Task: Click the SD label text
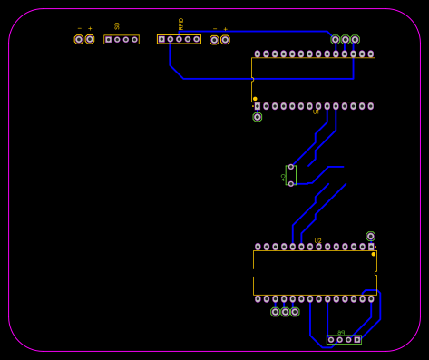(x=117, y=26)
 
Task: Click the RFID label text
(x=180, y=24)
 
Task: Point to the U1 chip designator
(x=316, y=112)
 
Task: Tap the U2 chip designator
(x=317, y=241)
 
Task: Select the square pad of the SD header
(x=109, y=39)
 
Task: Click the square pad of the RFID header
(x=161, y=39)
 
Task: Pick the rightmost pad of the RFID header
(x=196, y=39)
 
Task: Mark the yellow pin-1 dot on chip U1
(x=255, y=99)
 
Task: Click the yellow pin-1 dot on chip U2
(x=373, y=254)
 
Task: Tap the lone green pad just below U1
(x=258, y=117)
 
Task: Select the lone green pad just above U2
(x=370, y=236)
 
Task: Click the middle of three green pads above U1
(x=345, y=39)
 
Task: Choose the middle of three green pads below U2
(x=285, y=312)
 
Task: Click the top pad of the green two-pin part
(x=291, y=167)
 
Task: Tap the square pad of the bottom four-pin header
(x=356, y=340)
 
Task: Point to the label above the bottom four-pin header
(x=341, y=333)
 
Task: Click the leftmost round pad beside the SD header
(x=79, y=39)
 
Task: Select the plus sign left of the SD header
(x=90, y=29)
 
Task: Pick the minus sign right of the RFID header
(x=214, y=29)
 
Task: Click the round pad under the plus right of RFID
(x=225, y=39)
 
